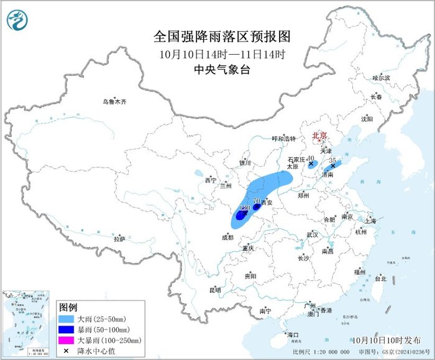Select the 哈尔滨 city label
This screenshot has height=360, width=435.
point(380,78)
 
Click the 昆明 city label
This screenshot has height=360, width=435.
point(215,290)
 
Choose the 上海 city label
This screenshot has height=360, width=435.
point(371,221)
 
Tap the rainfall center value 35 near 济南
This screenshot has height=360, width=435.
point(332,160)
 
